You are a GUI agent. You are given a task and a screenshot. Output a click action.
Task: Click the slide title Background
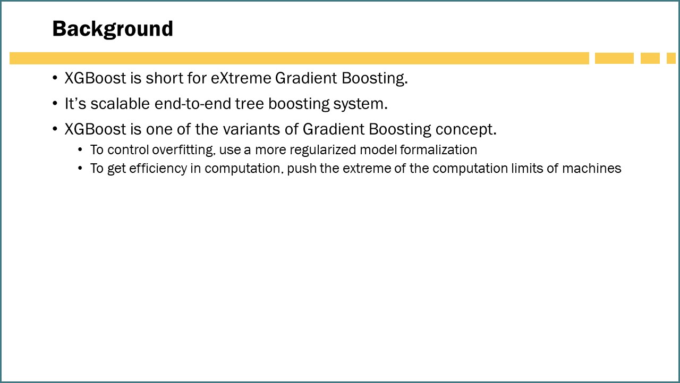point(113,29)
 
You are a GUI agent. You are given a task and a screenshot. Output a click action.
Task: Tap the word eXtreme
point(241,78)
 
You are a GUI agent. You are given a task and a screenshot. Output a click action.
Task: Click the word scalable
point(120,104)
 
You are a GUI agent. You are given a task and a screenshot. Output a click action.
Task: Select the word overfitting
point(184,150)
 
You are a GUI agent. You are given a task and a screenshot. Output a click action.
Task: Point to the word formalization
point(438,150)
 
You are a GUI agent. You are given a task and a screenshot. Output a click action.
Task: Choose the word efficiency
point(158,169)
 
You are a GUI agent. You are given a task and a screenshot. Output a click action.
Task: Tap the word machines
point(592,169)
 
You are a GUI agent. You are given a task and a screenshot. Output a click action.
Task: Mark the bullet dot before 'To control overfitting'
point(80,149)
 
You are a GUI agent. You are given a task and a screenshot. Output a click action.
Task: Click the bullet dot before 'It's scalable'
point(55,104)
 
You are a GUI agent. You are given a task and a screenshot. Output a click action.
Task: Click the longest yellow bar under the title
point(299,59)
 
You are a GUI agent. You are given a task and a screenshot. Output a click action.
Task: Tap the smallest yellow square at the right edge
point(671,59)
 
